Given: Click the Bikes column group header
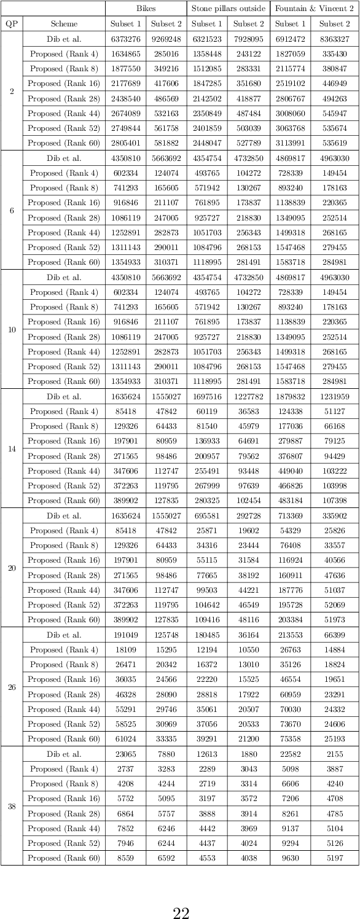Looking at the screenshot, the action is tap(146, 9).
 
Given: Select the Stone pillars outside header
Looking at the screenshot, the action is tap(228, 9).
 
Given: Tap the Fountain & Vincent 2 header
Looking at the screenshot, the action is tap(315, 9).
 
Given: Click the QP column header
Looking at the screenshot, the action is tap(11, 24).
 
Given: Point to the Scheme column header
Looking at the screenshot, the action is tap(64, 24).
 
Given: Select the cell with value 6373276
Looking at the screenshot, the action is tap(125, 39).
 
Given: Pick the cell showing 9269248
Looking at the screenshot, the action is tap(166, 39).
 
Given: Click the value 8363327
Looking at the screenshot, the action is tap(335, 39).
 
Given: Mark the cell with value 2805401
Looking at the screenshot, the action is tap(125, 143).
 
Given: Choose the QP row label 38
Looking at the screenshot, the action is tap(11, 806).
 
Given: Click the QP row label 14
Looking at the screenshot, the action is tap(11, 448).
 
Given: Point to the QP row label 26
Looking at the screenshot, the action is tap(11, 687).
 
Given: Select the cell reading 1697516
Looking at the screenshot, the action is tap(207, 396).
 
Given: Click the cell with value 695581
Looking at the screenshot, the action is tap(207, 515).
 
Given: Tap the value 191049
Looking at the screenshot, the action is tap(125, 635).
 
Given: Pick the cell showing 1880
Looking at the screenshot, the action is tap(248, 754).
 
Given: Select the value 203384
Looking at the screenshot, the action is tap(290, 620).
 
